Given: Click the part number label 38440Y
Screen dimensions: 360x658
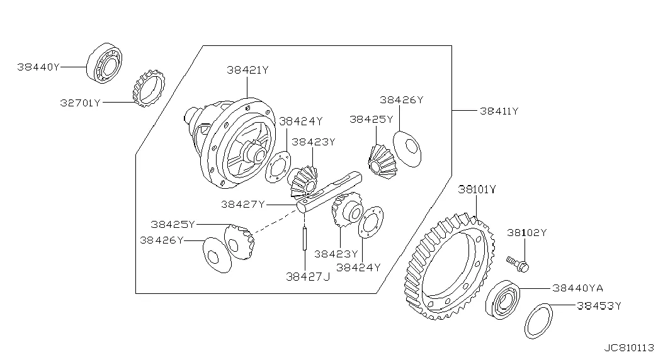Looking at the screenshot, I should (38, 65).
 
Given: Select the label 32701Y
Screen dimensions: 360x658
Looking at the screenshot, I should (79, 102).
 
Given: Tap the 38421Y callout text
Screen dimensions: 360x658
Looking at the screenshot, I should (247, 70).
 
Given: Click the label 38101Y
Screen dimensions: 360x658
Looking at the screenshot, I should (477, 188).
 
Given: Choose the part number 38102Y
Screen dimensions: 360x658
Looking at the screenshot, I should (527, 232).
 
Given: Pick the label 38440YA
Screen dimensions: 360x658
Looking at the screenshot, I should (577, 288).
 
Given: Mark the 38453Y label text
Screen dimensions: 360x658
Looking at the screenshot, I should (599, 306).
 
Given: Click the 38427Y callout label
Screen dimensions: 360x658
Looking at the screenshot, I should (242, 204).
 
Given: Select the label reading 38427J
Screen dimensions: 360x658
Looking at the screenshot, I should (307, 275).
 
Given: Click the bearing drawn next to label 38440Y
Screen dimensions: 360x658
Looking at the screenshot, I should (105, 63).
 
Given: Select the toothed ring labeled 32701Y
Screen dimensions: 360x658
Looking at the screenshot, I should (149, 89).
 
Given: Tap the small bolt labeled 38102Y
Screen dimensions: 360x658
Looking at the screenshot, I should (518, 263).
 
